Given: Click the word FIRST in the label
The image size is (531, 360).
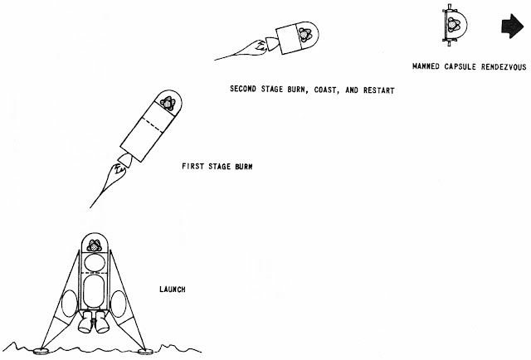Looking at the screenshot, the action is click(193, 166).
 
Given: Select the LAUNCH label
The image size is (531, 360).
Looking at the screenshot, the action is click(172, 289).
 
